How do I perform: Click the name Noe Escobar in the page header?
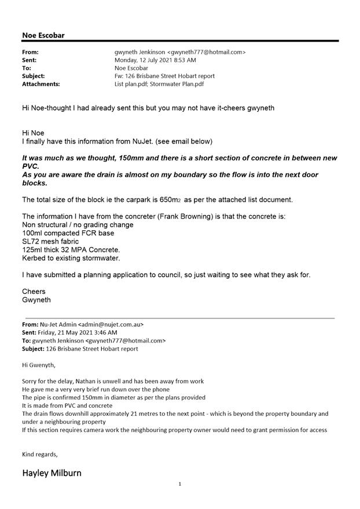tap(43, 35)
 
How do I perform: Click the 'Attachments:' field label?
tap(41, 84)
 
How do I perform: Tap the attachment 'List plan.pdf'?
tap(130, 84)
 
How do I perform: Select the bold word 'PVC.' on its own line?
tap(31, 166)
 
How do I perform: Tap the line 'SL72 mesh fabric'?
tap(49, 241)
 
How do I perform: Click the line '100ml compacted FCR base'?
tap(68, 233)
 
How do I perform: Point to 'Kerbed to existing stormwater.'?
tap(71, 258)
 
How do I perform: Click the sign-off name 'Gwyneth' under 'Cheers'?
tap(36, 300)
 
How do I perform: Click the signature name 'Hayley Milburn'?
tap(52, 473)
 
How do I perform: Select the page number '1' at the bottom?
tap(180, 484)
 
